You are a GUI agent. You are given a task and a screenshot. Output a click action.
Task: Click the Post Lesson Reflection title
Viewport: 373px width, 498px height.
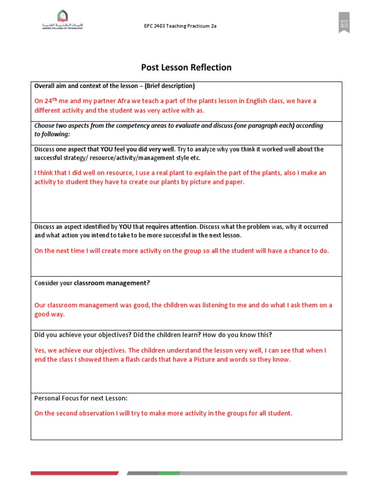[186, 68]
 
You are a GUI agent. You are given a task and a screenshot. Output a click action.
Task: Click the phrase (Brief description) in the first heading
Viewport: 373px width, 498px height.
[169, 86]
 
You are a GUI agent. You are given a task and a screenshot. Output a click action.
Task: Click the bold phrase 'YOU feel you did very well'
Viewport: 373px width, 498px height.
[137, 149]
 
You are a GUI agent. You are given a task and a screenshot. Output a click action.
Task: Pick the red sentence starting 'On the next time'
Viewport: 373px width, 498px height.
[182, 251]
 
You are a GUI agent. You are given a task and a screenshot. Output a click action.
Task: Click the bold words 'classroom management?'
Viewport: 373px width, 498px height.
[112, 283]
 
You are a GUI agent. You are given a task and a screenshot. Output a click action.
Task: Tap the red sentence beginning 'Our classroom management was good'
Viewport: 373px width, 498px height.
[183, 305]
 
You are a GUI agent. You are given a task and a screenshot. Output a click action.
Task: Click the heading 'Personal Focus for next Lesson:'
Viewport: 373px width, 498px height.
[81, 398]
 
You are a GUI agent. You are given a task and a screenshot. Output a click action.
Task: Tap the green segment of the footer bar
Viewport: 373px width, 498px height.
[170, 473]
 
